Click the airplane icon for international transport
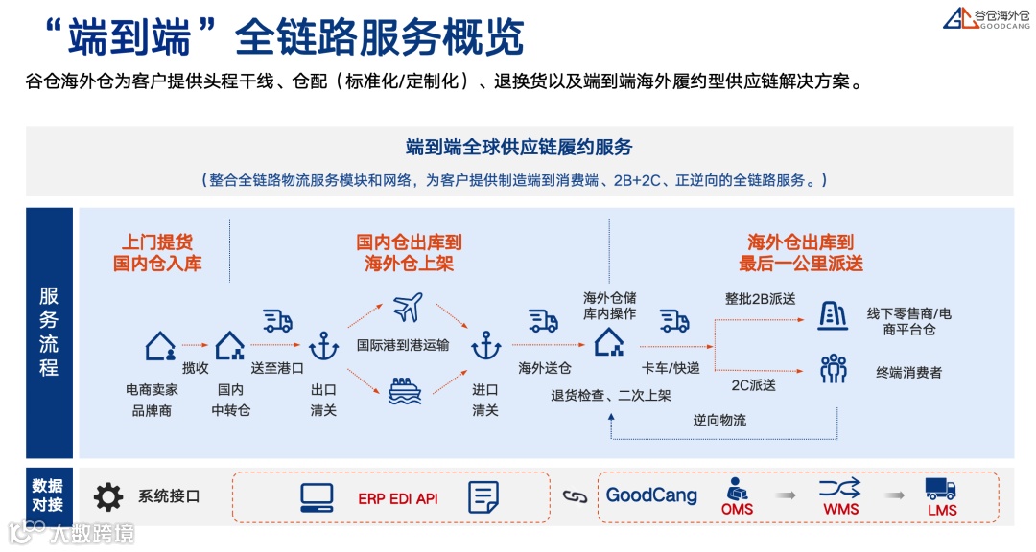407,309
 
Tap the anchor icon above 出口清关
323,345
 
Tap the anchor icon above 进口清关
485,345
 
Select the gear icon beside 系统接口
108,496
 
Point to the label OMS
737,510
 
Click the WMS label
840,510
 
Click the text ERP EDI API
397,498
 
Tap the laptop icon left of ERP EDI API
317,496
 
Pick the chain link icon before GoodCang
574,496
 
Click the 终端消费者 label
908,372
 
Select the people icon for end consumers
834,369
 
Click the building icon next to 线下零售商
832,315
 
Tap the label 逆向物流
719,420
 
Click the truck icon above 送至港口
277,321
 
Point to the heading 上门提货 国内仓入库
157,253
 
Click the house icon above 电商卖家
159,346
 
